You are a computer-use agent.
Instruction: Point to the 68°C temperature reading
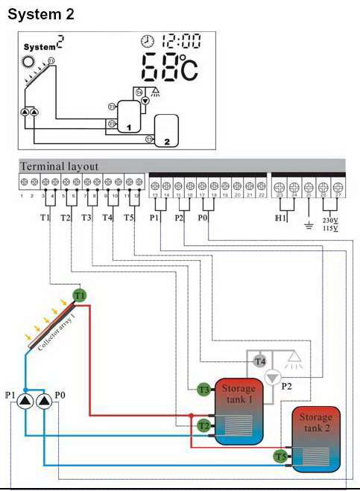click(x=169, y=68)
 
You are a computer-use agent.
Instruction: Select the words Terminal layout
click(x=59, y=166)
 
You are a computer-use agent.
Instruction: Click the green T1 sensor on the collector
click(x=80, y=296)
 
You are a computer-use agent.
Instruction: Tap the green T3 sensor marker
click(x=203, y=389)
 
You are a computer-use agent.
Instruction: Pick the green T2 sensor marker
click(x=203, y=425)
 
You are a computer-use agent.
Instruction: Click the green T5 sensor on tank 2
click(x=280, y=456)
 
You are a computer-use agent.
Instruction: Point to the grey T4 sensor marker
click(x=259, y=361)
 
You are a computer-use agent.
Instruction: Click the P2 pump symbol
click(x=273, y=378)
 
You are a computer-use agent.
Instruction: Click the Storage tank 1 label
click(x=239, y=393)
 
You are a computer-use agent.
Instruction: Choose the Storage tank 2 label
click(x=316, y=422)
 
